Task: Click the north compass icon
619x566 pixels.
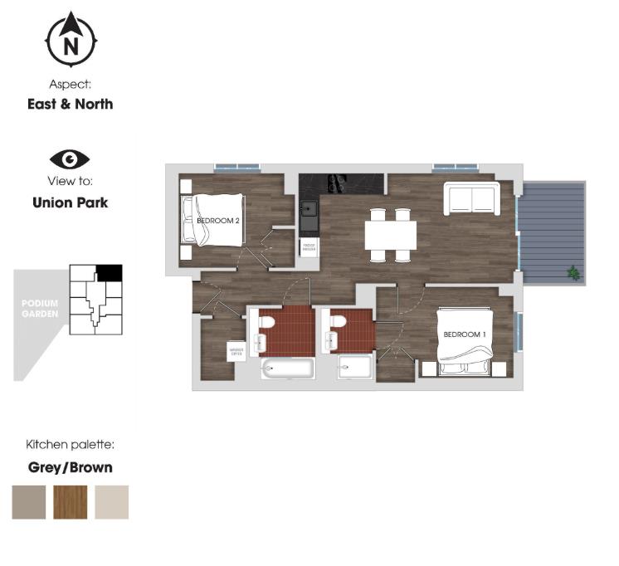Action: [71, 39]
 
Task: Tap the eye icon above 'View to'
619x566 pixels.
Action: [70, 159]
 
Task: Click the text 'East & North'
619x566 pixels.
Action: [70, 105]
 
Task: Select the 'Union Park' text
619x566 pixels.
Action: [70, 202]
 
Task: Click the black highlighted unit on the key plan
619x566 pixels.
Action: [109, 272]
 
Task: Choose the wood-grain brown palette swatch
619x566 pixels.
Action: [71, 502]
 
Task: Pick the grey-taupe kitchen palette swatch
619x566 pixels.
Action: [29, 502]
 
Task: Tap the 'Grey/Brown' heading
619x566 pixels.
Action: [71, 467]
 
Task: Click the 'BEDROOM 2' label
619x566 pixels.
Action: [218, 221]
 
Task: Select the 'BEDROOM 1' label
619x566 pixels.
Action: [464, 334]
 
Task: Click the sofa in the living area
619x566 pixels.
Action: [470, 198]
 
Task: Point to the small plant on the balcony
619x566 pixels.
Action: [573, 271]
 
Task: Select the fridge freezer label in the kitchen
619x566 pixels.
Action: [309, 246]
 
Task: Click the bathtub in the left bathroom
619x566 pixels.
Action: [287, 368]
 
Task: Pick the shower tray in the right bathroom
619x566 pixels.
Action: [355, 368]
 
